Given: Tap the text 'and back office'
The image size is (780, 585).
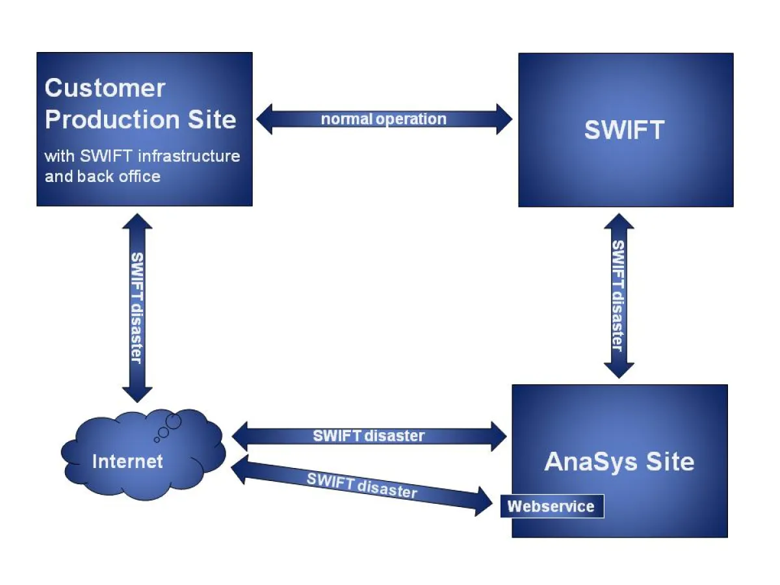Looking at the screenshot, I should (x=102, y=176).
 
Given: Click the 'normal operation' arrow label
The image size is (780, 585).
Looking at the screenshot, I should (x=383, y=119).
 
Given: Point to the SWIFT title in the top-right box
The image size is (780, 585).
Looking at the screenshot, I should (x=624, y=130).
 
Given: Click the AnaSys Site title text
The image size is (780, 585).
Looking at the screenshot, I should (x=619, y=461).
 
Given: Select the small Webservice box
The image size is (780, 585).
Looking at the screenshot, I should (x=551, y=506).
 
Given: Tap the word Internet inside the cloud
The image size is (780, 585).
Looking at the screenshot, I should (x=127, y=461).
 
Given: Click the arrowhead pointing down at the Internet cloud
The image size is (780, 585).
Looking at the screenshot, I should (x=137, y=393).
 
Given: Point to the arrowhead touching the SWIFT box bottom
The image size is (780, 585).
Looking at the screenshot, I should (x=619, y=223).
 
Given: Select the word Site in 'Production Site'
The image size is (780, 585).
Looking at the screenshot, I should (x=210, y=120).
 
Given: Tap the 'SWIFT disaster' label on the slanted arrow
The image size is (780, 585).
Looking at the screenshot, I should (x=361, y=485).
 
